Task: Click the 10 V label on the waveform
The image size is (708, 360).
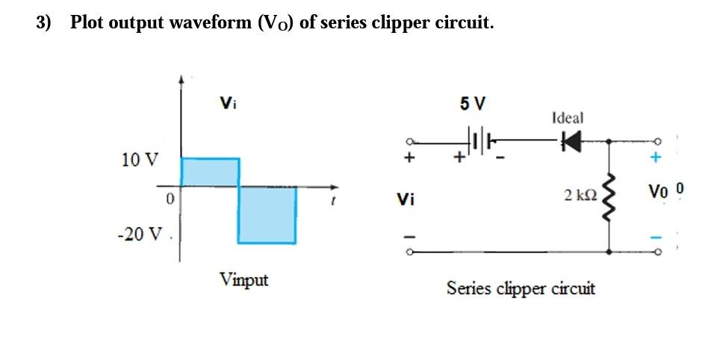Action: pos(140,159)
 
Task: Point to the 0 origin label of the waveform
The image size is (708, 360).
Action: pos(170,199)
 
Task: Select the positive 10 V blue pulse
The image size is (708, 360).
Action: pos(210,172)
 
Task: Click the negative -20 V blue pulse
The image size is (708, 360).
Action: pos(267,214)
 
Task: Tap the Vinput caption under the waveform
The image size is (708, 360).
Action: pos(243,280)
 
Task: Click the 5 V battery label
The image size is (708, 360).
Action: pos(472,104)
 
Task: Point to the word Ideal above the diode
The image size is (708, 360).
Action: pos(568,117)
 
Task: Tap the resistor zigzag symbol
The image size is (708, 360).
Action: pos(611,198)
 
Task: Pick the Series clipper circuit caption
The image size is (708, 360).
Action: pos(521,288)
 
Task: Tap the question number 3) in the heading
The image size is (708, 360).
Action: pos(44,22)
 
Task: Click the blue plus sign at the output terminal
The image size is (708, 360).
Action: pos(656,158)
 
